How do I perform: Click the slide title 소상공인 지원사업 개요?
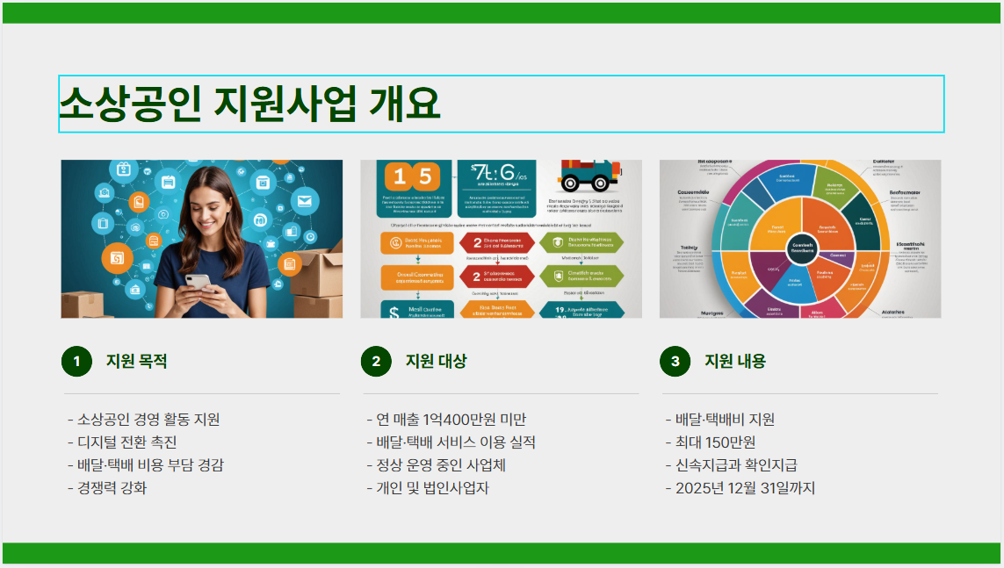click(x=249, y=104)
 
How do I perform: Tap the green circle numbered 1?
click(x=76, y=361)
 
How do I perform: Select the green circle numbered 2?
click(x=376, y=361)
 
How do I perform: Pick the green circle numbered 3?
click(x=675, y=361)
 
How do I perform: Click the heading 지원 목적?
click(x=136, y=361)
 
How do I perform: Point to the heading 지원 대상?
click(x=436, y=361)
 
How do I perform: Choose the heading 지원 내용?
click(x=735, y=361)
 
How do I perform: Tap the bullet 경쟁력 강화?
click(x=107, y=488)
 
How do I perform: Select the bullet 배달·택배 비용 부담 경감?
click(x=146, y=465)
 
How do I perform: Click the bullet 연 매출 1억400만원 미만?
click(x=446, y=420)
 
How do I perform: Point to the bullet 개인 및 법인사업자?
click(x=428, y=488)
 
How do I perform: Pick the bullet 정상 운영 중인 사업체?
click(x=437, y=465)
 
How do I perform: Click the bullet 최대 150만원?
click(x=711, y=442)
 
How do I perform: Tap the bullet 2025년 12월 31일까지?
click(x=740, y=488)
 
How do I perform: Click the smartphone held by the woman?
click(x=199, y=283)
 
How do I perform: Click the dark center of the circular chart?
click(x=801, y=248)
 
